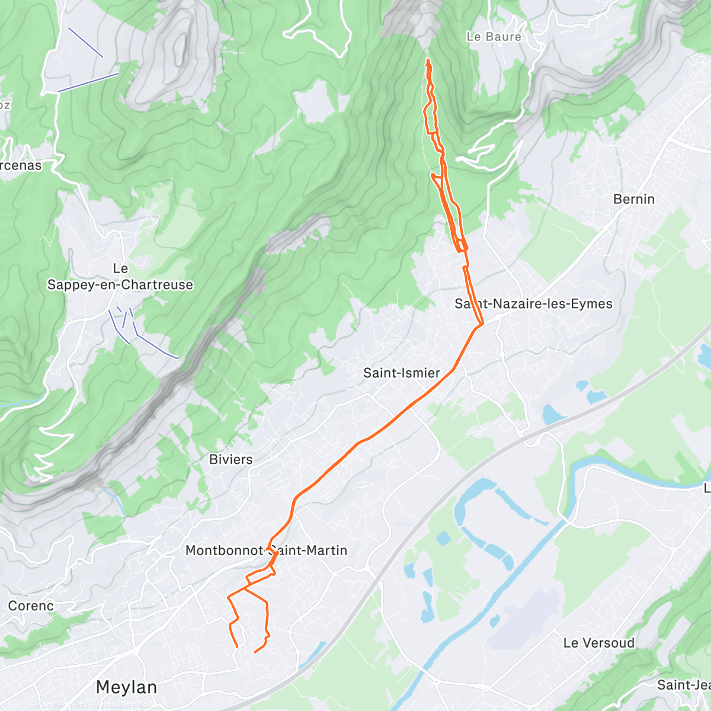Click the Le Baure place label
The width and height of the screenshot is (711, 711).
494,37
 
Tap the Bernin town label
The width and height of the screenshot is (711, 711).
634,199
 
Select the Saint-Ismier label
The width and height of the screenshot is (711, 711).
401,373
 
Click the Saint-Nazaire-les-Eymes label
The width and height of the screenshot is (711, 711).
533,304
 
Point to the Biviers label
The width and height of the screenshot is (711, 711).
230,459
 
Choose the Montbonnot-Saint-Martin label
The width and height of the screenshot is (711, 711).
266,550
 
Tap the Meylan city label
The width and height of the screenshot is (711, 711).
126,687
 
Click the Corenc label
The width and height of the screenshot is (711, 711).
31,606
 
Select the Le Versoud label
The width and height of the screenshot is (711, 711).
598,643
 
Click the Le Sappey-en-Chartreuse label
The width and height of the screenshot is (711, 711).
120,277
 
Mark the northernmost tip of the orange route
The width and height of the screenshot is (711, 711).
428,60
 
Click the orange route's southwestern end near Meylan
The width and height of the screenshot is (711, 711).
237,646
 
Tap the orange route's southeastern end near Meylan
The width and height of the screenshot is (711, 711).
255,652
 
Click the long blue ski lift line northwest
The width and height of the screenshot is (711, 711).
89,82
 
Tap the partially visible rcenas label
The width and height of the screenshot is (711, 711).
21,165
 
